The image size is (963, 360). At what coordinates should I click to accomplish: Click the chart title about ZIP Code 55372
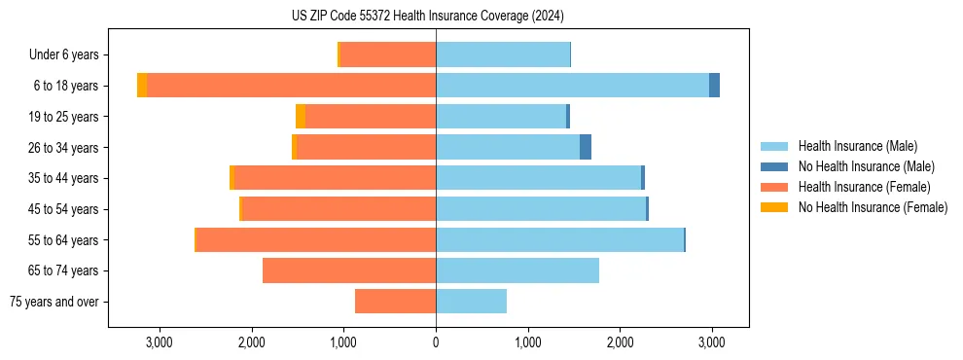pos(427,17)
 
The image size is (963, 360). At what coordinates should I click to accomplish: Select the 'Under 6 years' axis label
pos(69,55)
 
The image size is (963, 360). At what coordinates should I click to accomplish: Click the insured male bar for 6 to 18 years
pos(572,86)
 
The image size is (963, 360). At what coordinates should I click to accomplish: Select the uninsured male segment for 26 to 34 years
pos(586,147)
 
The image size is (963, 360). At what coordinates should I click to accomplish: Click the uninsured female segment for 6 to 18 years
pos(142,86)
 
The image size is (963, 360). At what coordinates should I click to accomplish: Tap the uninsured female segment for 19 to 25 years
pos(301,117)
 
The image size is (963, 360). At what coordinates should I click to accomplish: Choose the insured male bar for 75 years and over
pos(471,302)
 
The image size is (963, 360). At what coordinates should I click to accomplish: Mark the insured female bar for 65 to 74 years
pos(349,270)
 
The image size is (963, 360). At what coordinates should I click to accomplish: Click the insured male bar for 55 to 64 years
pos(559,239)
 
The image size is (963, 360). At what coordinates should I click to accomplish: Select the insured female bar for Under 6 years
pos(388,55)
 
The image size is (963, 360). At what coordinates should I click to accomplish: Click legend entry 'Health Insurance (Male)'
pos(857,146)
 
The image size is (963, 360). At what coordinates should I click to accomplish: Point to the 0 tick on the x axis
pos(436,342)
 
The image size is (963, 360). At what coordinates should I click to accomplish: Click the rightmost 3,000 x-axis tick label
pos(712,342)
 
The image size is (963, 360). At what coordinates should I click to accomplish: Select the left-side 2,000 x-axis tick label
pos(251,342)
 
